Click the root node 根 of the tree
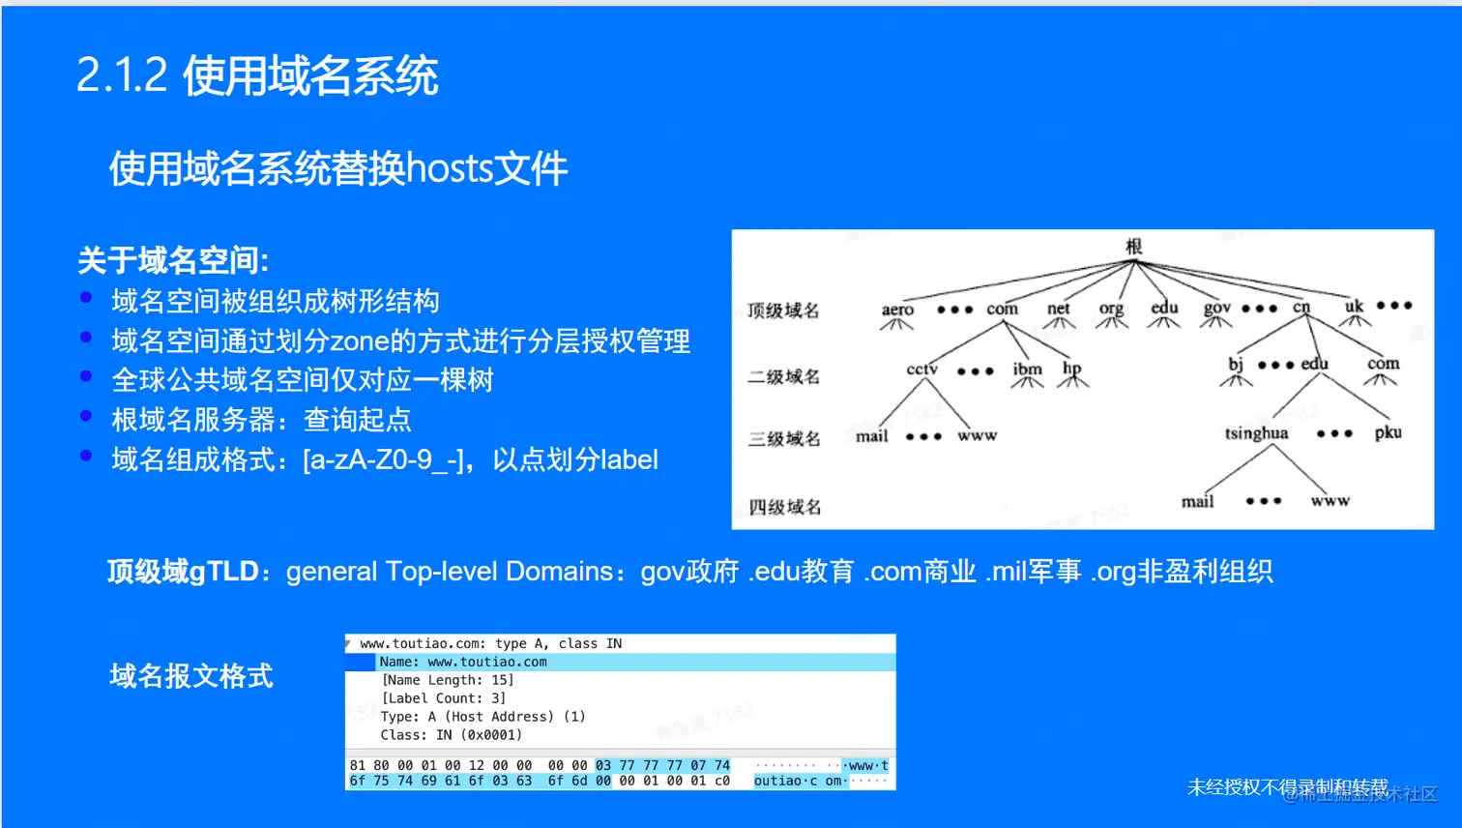1133,247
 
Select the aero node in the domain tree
897,310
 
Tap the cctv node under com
921,370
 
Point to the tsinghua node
1256,433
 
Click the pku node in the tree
1388,432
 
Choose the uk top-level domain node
1354,307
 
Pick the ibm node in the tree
1027,370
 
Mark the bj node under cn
1236,365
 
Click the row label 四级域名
784,507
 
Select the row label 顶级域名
782,310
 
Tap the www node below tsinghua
1330,501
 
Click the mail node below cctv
871,436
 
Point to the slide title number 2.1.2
122,75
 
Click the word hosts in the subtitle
450,169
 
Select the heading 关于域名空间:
172,260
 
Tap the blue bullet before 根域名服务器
86,416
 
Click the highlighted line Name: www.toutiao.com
463,663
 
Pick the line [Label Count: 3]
443,698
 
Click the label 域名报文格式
190,676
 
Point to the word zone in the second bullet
359,341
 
